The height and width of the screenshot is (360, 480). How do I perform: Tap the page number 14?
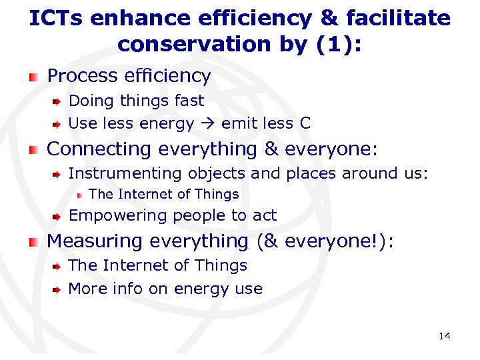445,336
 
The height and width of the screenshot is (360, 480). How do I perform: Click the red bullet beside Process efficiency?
34,77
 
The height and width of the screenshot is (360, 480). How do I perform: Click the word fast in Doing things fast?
189,101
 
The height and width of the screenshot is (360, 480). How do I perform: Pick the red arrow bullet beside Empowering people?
58,216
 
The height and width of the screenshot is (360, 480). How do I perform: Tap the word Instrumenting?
125,174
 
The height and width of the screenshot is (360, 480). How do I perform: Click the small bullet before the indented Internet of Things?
79,195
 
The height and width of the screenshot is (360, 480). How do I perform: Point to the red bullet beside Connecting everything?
34,150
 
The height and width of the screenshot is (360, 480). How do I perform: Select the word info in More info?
127,289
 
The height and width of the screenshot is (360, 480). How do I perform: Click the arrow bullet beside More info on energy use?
58,290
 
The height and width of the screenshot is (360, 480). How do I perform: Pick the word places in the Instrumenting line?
311,174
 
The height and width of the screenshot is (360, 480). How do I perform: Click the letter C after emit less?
305,124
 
